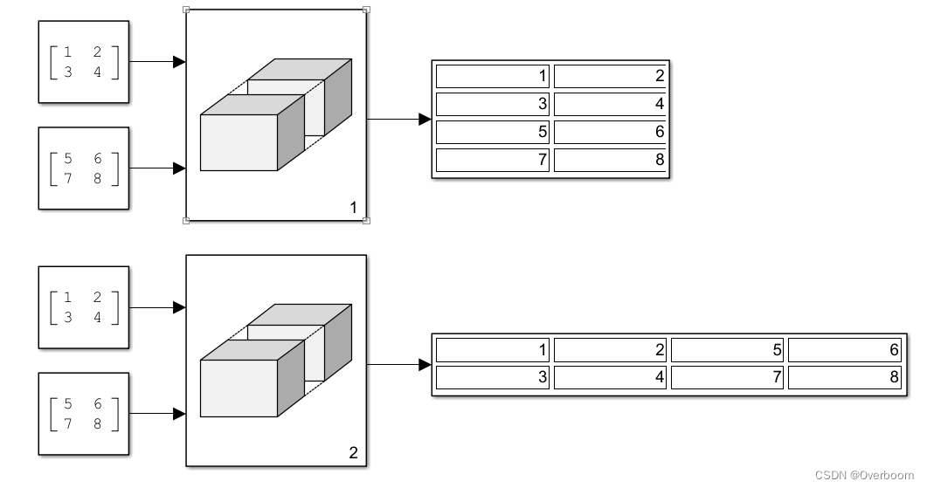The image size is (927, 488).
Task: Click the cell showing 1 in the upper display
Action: click(493, 76)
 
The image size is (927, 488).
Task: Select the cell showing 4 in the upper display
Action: click(609, 105)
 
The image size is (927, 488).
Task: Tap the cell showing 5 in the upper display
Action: click(493, 132)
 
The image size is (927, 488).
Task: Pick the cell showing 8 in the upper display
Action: click(609, 160)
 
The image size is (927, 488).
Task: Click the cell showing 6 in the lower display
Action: click(844, 350)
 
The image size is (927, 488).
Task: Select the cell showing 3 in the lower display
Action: click(493, 377)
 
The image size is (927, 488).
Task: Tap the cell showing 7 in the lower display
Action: click(727, 377)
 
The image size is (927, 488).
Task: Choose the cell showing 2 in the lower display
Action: click(609, 350)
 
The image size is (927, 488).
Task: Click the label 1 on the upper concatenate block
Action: click(353, 208)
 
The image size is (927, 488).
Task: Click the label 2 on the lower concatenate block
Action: click(353, 453)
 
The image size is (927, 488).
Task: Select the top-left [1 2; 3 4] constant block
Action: click(83, 62)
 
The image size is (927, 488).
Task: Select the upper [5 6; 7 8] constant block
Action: click(83, 168)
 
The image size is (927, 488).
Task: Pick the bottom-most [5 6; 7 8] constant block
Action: click(83, 413)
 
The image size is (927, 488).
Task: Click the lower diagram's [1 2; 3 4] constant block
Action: click(83, 307)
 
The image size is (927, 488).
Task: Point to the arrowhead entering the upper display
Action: click(425, 119)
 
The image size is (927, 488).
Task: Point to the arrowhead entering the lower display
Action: click(425, 364)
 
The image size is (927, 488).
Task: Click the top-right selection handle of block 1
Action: click(366, 10)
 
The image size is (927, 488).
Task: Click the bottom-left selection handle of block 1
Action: click(186, 221)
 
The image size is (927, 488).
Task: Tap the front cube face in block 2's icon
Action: click(239, 387)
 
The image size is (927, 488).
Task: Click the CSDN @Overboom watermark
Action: click(864, 475)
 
